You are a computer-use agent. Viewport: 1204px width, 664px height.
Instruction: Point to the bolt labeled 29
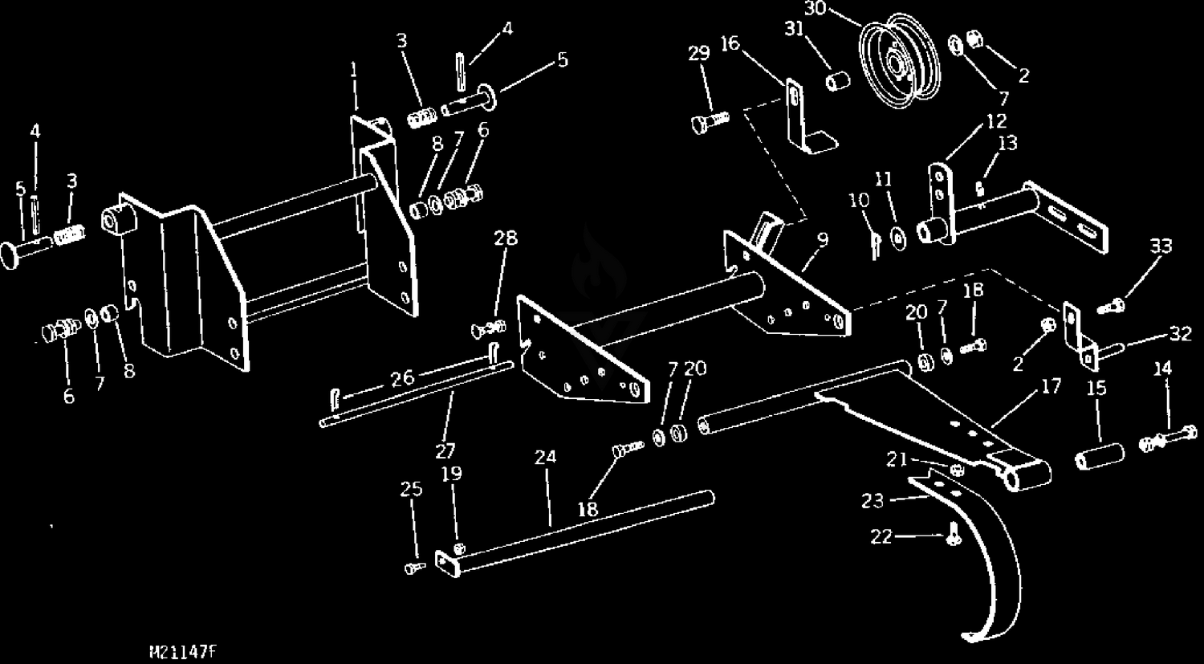pos(709,123)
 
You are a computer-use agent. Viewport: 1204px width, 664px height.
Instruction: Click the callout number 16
pos(730,43)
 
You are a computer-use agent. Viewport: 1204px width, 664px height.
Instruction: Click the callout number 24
pos(545,458)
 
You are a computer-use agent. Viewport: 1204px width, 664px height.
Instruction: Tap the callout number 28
pos(506,238)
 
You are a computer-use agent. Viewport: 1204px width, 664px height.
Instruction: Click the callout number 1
pos(353,70)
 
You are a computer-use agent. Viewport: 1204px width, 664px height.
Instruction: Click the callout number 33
pos(1161,246)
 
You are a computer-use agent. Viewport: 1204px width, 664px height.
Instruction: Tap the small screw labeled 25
pos(414,568)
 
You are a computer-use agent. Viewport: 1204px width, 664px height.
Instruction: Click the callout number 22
pos(881,537)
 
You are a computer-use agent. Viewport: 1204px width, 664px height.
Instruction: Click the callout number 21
pos(897,460)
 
